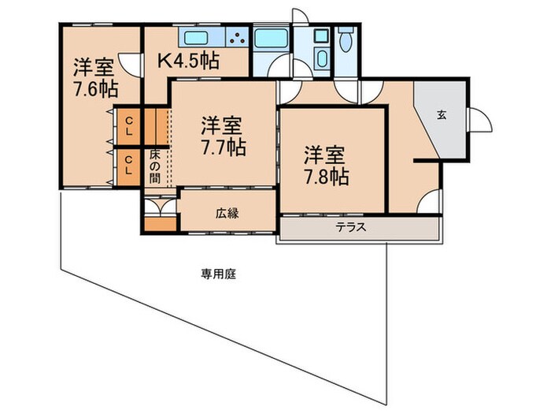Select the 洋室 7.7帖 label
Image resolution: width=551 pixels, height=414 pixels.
pyautogui.click(x=220, y=135)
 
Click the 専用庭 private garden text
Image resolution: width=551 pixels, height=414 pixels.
pyautogui.click(x=219, y=274)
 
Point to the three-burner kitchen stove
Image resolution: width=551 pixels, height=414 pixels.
pyautogui.click(x=236, y=38)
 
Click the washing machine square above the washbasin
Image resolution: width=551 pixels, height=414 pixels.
pyautogui.click(x=320, y=36)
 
